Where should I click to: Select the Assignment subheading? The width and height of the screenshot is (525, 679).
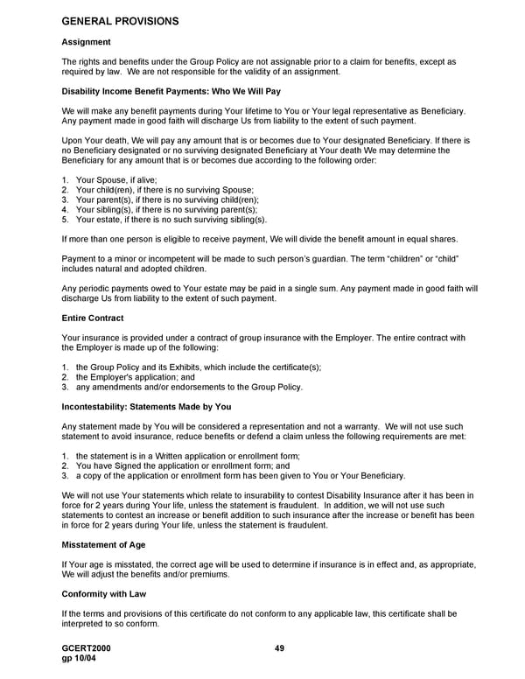click(x=86, y=42)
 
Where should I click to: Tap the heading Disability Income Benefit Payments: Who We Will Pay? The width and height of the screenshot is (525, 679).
click(x=171, y=91)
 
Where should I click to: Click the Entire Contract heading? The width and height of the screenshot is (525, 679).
click(x=93, y=318)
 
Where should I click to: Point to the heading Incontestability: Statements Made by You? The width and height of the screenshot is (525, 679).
click(x=146, y=407)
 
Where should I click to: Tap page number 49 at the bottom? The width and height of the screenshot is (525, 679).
click(x=280, y=647)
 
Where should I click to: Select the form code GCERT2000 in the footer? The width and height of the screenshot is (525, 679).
click(x=87, y=647)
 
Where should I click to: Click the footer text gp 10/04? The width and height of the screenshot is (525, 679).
click(x=80, y=658)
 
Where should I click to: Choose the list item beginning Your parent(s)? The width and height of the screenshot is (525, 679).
click(x=166, y=199)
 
